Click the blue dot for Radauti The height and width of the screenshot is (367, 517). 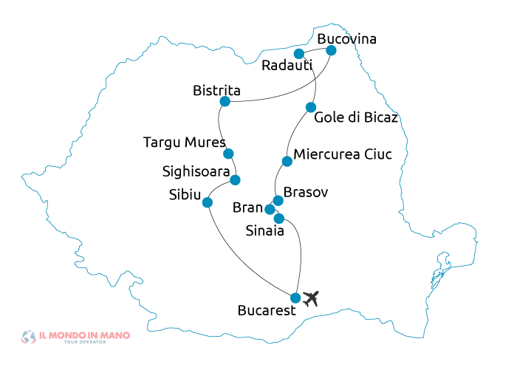[299, 54]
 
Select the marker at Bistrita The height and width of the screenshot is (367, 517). [225, 100]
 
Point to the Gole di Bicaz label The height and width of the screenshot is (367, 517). [356, 117]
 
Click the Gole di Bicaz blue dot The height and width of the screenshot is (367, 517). [311, 107]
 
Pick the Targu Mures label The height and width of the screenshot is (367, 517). [184, 142]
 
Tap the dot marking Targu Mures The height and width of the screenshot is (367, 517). [228, 154]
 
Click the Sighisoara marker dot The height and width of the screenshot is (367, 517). [235, 179]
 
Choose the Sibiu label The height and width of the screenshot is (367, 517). [184, 194]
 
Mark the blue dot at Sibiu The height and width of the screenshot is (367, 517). [208, 202]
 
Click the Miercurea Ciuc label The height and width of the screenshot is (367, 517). [342, 154]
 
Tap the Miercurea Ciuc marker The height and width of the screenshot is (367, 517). [287, 162]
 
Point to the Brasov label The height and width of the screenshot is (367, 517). [306, 192]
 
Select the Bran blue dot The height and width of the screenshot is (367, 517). [270, 210]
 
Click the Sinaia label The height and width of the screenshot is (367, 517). [264, 231]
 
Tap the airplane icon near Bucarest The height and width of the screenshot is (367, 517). [311, 298]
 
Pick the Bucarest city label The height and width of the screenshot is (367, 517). [267, 311]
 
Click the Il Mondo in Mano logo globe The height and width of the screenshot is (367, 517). [29, 337]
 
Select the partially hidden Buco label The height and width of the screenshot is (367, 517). [332, 39]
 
